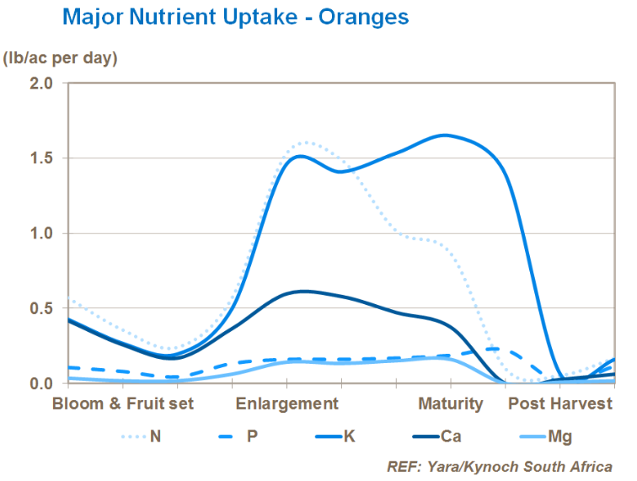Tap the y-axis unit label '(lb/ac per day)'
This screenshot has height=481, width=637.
click(x=60, y=58)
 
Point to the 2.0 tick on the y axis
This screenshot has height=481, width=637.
click(x=41, y=83)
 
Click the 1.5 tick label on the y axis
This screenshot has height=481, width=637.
click(x=41, y=158)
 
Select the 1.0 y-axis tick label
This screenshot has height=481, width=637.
click(x=41, y=233)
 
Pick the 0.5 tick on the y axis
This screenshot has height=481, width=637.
click(x=41, y=308)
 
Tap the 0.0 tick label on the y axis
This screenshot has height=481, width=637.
click(x=41, y=383)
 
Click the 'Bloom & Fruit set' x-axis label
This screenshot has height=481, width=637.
click(x=123, y=404)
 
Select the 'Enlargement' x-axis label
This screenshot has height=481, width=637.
click(x=286, y=404)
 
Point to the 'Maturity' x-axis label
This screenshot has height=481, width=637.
click(x=451, y=404)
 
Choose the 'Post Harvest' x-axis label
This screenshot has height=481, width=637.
click(x=559, y=404)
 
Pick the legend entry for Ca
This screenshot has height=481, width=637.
click(x=439, y=436)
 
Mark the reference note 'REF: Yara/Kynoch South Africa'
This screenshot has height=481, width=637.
click(x=499, y=466)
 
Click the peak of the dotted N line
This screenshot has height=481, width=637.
click(x=305, y=142)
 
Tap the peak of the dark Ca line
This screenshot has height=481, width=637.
click(x=303, y=291)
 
